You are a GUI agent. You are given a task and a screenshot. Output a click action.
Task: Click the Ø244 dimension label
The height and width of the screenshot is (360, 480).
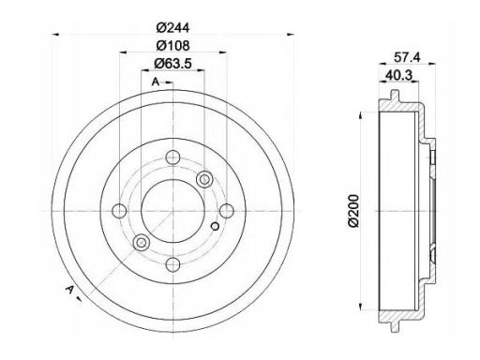[x=172, y=28]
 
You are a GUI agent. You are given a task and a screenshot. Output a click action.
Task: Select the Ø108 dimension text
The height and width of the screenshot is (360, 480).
[x=172, y=46]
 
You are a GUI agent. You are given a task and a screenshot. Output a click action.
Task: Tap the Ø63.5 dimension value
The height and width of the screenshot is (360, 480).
[x=172, y=64]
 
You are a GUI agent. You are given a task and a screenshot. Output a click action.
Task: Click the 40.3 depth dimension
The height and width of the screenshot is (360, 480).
[x=399, y=75]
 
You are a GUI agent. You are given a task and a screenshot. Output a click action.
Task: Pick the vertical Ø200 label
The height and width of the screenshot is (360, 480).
[x=353, y=211]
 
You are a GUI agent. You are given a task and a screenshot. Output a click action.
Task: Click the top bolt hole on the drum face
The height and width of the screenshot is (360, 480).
[x=172, y=157]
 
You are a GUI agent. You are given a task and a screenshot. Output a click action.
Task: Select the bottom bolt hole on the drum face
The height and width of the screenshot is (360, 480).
[x=172, y=265]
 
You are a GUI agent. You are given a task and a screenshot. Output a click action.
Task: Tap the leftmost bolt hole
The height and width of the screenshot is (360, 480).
[x=119, y=211]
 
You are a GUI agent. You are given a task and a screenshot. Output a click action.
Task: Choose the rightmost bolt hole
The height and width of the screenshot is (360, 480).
[x=227, y=211]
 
